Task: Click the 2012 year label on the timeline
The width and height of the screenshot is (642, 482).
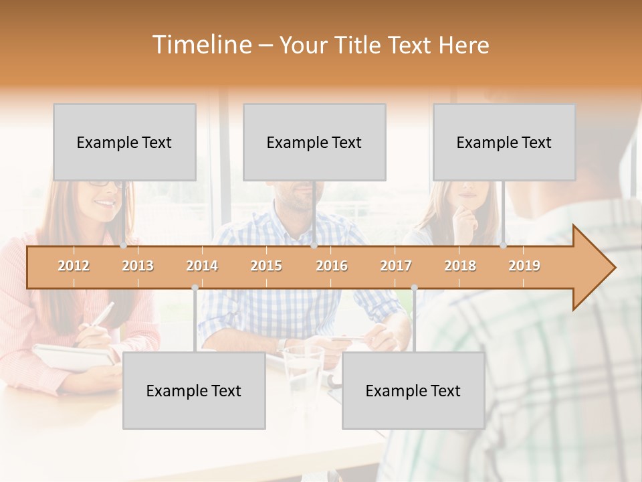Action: (x=74, y=266)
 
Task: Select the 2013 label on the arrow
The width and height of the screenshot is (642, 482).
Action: (x=138, y=266)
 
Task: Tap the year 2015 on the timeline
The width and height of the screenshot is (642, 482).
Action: (x=266, y=266)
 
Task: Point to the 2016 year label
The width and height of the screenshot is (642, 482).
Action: (x=332, y=266)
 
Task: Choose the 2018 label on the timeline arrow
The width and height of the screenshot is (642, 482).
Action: (x=460, y=266)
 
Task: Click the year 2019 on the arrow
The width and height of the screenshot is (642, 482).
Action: (x=524, y=266)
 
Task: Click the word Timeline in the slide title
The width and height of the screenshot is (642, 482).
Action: (x=201, y=45)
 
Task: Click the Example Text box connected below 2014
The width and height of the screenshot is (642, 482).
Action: (x=194, y=391)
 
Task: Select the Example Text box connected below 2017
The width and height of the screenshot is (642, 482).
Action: (x=413, y=391)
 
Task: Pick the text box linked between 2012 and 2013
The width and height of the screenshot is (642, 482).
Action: (x=124, y=142)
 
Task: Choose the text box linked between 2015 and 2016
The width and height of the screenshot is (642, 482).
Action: (x=314, y=142)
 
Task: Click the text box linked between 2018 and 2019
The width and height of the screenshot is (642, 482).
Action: (x=504, y=142)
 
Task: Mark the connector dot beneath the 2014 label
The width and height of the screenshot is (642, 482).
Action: (x=195, y=288)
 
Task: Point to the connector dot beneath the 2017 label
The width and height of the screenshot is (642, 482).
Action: (x=414, y=288)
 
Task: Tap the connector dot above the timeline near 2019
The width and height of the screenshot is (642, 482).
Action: (x=504, y=246)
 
